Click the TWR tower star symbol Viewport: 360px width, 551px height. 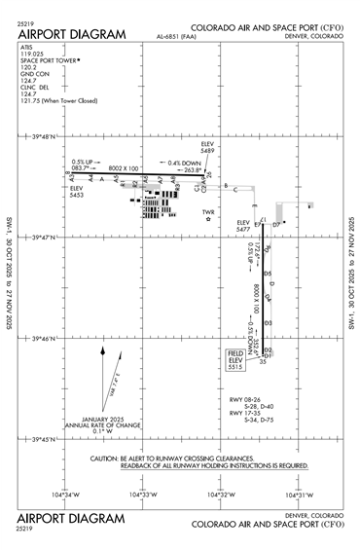(x=207, y=221)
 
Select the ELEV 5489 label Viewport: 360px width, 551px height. (x=207, y=147)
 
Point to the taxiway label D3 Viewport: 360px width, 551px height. (x=268, y=322)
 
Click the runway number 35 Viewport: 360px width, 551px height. (x=262, y=361)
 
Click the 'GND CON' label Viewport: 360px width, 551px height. (x=33, y=78)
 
